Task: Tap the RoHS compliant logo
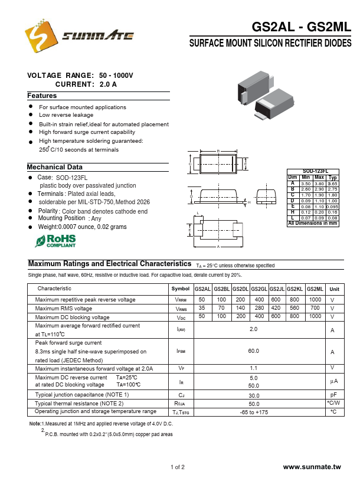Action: coord(56,240)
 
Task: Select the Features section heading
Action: coord(42,96)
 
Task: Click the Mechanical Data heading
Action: coord(55,167)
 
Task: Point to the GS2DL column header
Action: coord(240,289)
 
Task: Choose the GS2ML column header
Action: coord(315,289)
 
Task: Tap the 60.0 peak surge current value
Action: coord(254,351)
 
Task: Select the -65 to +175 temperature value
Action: coord(254,412)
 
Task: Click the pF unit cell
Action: coord(333,395)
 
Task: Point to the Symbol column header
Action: coord(181,289)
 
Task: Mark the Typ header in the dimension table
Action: coord(333,177)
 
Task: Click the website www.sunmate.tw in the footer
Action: coord(312,467)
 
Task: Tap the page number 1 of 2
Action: coord(178,467)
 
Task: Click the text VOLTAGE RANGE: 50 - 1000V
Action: coord(80,76)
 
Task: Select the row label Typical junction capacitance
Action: coord(82,394)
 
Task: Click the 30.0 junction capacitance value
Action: coord(254,395)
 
